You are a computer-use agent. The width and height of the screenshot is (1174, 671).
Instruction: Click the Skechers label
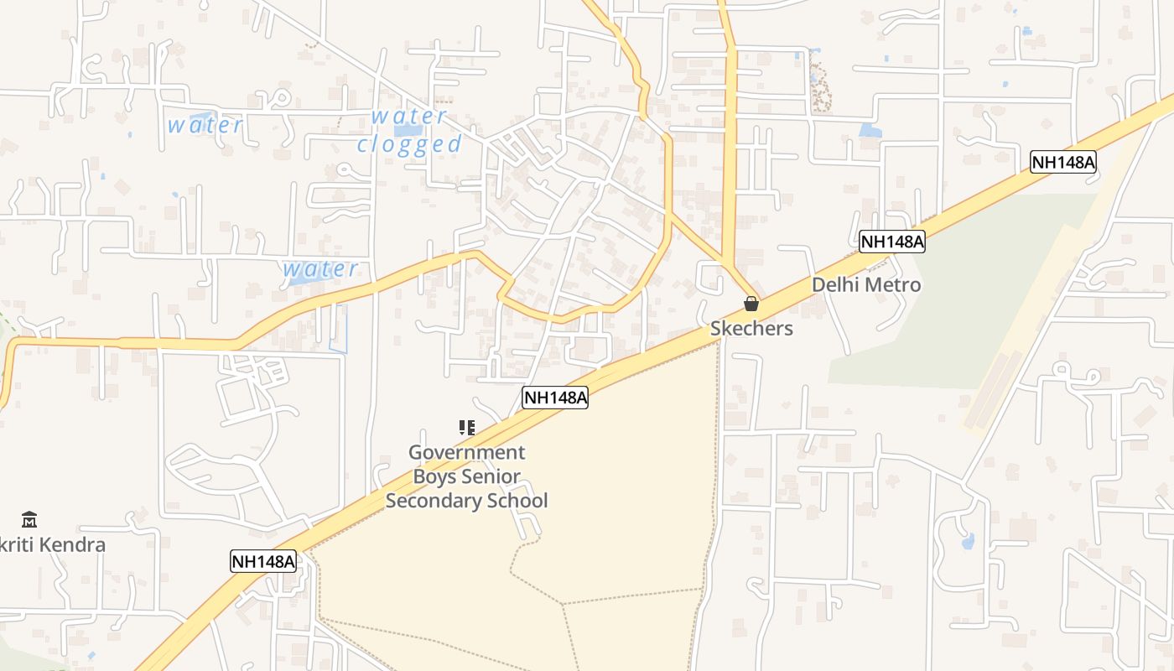pyautogui.click(x=751, y=328)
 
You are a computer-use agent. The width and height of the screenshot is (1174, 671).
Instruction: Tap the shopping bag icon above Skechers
pyautogui.click(x=751, y=304)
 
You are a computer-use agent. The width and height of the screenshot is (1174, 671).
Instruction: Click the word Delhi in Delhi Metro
pyautogui.click(x=835, y=285)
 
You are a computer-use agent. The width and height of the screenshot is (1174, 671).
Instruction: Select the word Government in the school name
pyautogui.click(x=466, y=453)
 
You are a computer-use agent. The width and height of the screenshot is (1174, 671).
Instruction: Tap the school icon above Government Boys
pyautogui.click(x=467, y=428)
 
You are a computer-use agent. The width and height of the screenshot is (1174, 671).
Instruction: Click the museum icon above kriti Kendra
pyautogui.click(x=29, y=520)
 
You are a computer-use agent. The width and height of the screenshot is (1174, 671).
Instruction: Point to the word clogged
pyautogui.click(x=409, y=144)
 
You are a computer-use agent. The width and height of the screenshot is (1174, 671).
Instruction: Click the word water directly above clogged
pyautogui.click(x=409, y=116)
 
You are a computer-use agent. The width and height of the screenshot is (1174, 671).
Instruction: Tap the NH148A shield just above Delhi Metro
pyautogui.click(x=892, y=242)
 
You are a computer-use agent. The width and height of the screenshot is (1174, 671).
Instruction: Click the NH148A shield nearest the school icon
pyautogui.click(x=555, y=398)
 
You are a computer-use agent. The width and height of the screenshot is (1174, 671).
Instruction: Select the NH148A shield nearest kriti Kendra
pyautogui.click(x=263, y=561)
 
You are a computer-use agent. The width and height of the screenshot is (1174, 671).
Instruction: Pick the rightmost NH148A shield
pyautogui.click(x=1063, y=162)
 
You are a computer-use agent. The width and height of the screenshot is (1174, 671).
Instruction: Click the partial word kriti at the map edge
pyautogui.click(x=17, y=545)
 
